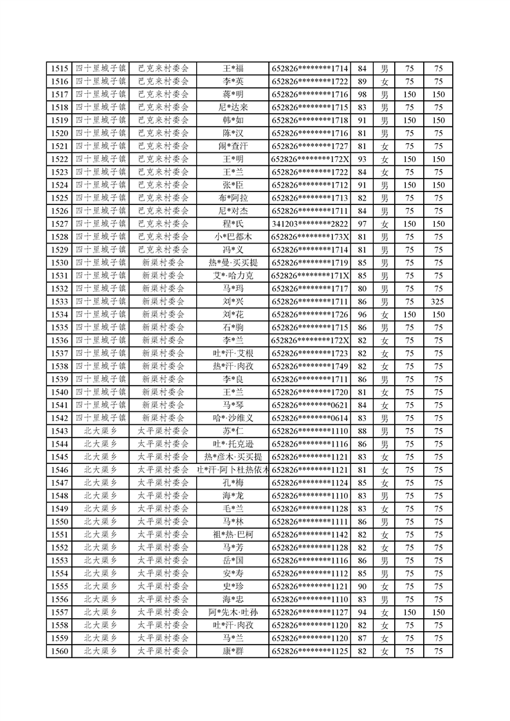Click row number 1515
(59, 69)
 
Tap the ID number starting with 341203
(310, 224)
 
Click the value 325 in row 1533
(438, 301)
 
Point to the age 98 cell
(361, 94)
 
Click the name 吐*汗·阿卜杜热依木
(233, 470)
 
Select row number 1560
(59, 651)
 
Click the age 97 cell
(361, 224)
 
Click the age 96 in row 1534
(361, 314)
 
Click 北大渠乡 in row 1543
(100, 431)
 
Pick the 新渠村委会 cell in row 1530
(163, 263)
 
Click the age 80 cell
(361, 289)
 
